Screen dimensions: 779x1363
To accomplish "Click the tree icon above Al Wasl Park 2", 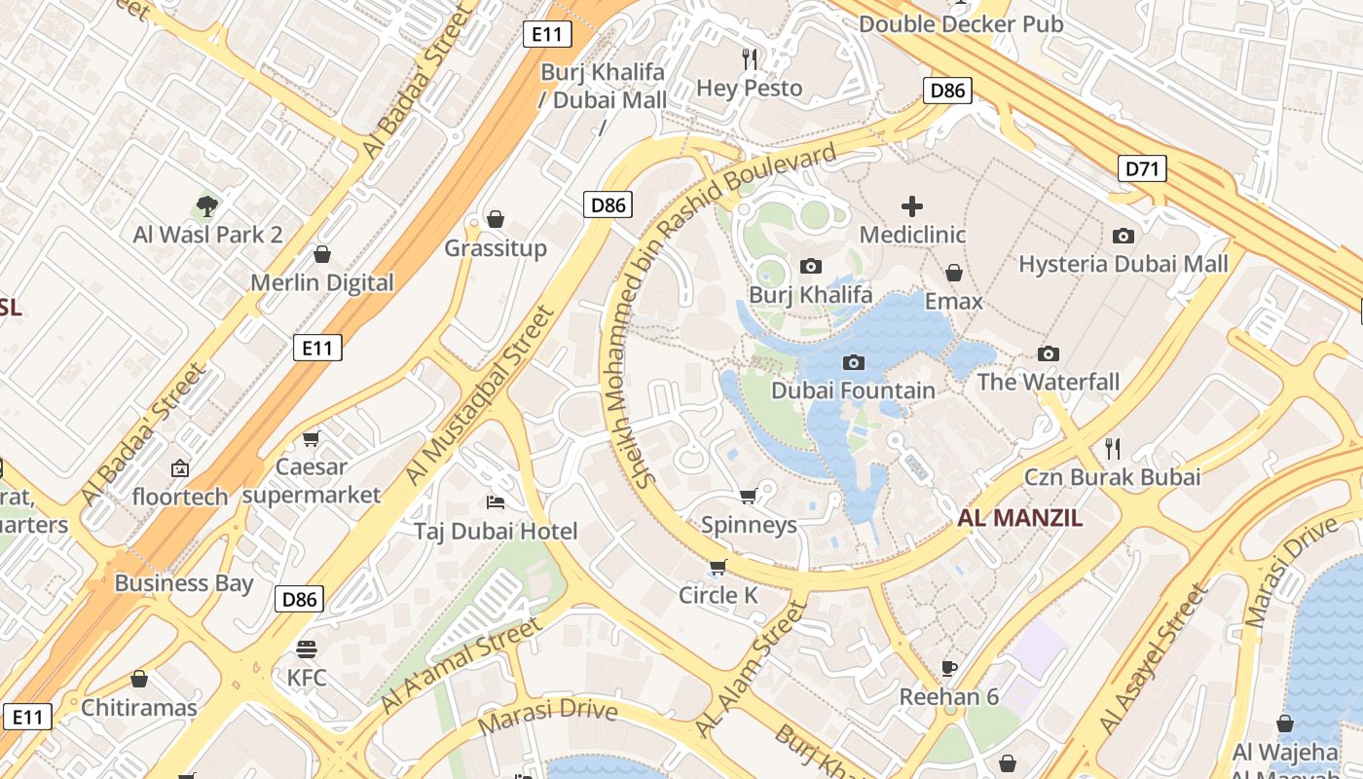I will (206, 205).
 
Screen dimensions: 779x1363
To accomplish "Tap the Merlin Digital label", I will (322, 283).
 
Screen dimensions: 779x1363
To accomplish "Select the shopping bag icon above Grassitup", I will (496, 219).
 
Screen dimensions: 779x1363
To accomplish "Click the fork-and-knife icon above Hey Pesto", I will (750, 58).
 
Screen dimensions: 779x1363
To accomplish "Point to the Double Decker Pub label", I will (961, 24).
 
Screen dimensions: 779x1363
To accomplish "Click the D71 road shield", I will (1141, 169).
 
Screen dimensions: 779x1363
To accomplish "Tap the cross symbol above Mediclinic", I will (912, 206).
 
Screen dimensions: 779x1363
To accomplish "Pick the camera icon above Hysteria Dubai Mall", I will (1124, 236).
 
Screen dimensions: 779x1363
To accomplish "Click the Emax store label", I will (954, 302).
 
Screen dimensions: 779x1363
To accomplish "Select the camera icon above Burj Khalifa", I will (810, 266).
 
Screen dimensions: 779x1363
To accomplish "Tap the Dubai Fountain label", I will (853, 390).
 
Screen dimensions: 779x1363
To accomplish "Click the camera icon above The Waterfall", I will (1049, 353).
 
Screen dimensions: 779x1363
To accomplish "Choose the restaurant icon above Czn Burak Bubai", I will (1113, 449).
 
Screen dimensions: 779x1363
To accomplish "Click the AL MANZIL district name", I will (1020, 518).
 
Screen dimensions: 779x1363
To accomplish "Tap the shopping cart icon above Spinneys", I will (749, 498).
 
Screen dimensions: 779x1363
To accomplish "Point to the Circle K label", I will (718, 595).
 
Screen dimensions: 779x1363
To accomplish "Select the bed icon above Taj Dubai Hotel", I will (496, 503).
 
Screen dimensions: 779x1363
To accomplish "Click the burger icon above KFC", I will (307, 649).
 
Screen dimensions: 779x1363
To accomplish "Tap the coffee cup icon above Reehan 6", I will (949, 669).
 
